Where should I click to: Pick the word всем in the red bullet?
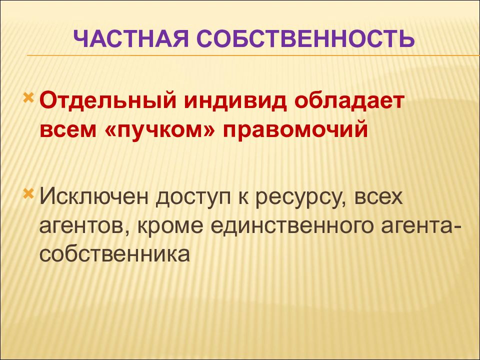[x=68, y=130]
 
